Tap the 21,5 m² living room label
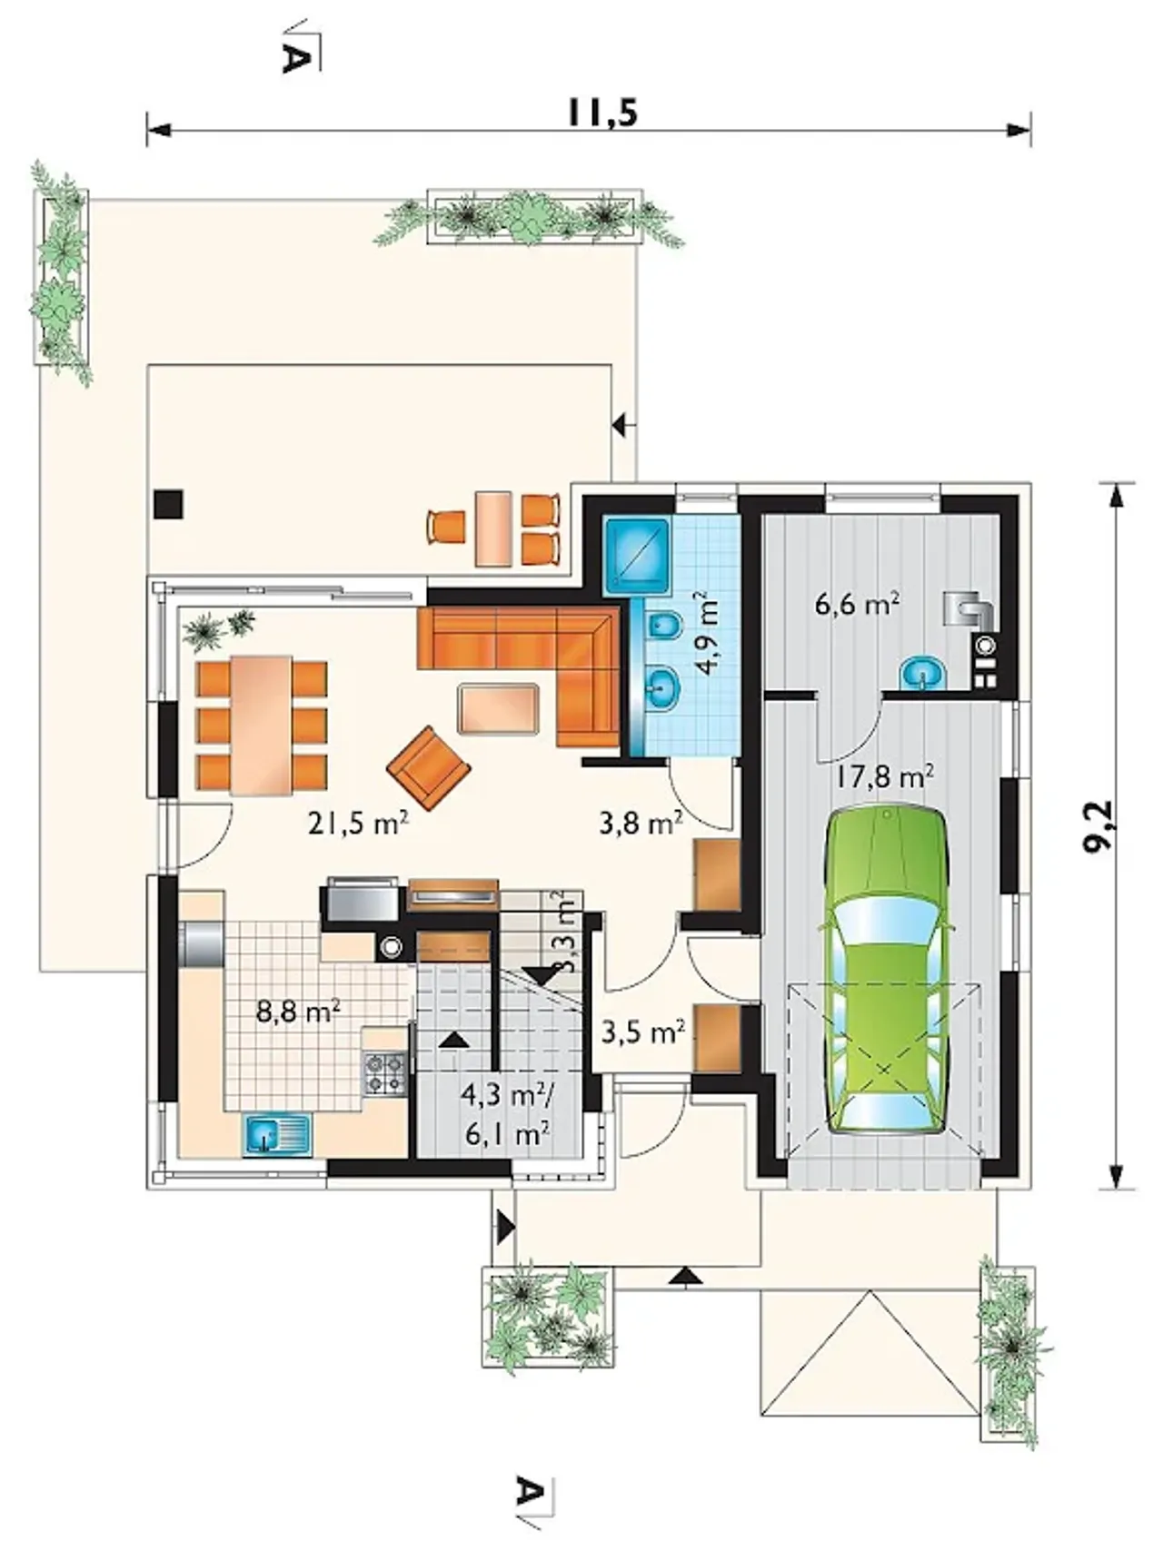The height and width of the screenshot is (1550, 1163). click(x=358, y=824)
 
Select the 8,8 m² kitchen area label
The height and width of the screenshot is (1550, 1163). click(x=298, y=1010)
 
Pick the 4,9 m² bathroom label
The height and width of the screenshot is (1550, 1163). click(x=705, y=633)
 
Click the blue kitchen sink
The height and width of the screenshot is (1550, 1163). click(x=277, y=1135)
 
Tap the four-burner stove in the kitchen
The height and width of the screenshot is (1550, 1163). click(x=384, y=1071)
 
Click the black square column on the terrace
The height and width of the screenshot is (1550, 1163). click(x=168, y=504)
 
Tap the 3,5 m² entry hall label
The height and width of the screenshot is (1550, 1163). click(x=643, y=1032)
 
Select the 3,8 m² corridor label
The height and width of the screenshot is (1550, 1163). click(x=641, y=824)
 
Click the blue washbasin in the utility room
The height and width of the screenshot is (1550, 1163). click(x=923, y=674)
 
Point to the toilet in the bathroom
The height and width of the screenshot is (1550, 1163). click(x=666, y=627)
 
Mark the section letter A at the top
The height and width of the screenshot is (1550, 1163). click(x=293, y=57)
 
